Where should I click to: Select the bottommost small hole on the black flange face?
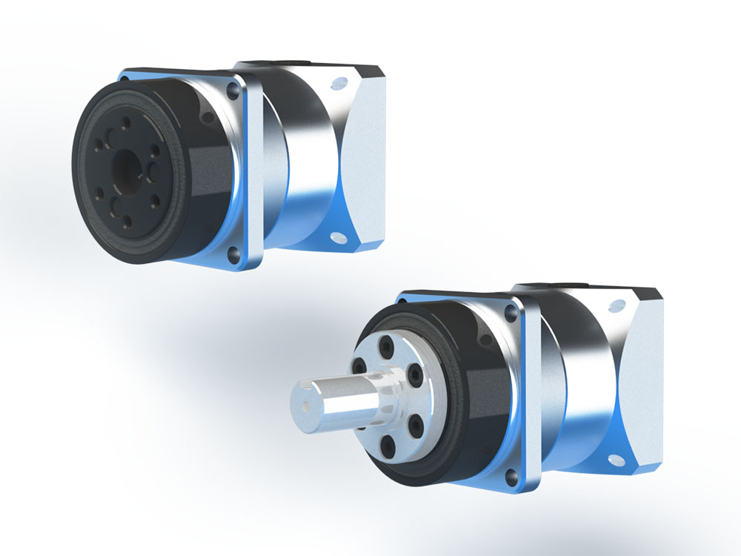click(127, 220)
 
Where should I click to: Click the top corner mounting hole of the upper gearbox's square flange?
click(233, 91)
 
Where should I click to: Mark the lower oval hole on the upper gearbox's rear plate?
click(339, 238)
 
